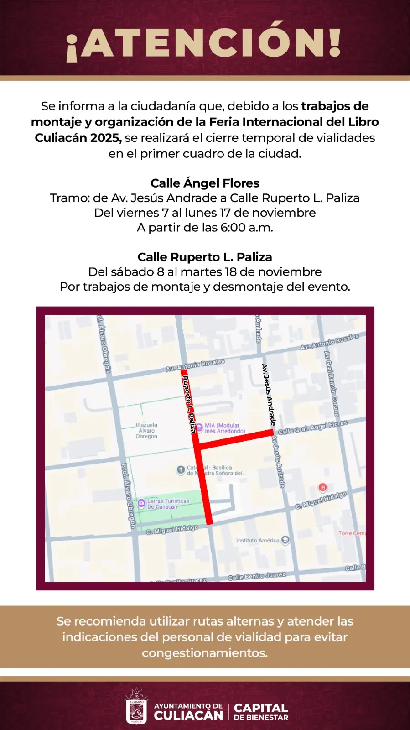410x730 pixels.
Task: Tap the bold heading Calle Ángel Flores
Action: point(205,183)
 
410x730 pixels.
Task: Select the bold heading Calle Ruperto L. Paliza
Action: point(205,257)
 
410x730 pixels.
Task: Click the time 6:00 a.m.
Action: point(247,228)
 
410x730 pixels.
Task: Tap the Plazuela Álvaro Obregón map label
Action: point(146,431)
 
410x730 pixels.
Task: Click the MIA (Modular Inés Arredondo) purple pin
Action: point(199,428)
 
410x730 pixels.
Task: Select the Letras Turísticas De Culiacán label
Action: point(168,504)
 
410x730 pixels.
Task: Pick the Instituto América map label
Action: point(257,541)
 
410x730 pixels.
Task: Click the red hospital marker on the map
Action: point(322,488)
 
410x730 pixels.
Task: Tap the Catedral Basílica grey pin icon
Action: point(181,469)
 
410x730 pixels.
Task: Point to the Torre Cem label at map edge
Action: point(352,533)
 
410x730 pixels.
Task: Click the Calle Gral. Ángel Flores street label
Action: point(312,428)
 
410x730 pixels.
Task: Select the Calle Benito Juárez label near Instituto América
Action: point(257,576)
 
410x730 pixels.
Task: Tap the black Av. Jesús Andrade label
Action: point(269,395)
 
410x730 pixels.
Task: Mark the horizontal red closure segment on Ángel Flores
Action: point(235,439)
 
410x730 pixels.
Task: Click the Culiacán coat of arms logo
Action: point(136,707)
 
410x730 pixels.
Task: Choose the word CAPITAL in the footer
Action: point(261,708)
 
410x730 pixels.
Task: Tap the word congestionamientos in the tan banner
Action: point(205,653)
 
